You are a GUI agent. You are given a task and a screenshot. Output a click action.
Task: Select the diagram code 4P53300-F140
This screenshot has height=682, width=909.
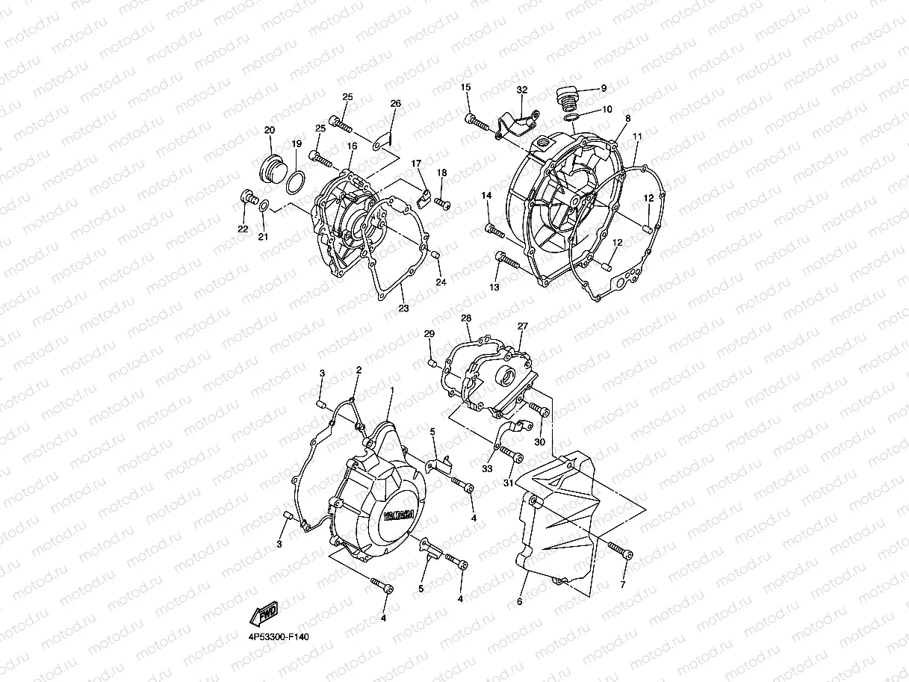[275, 637]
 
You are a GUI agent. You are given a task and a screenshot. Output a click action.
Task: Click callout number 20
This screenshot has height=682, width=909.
[270, 130]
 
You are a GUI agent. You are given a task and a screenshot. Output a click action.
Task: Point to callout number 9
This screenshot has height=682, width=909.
[604, 89]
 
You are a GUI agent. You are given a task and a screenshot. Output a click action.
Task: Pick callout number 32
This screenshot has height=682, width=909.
[522, 90]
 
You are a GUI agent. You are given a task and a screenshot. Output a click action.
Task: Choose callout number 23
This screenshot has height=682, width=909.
[403, 308]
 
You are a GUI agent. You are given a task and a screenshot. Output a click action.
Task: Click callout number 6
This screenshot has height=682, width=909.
[520, 601]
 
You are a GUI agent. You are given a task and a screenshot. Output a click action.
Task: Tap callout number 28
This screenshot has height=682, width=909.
[466, 318]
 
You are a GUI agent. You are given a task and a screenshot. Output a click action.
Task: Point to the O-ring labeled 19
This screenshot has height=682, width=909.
[296, 180]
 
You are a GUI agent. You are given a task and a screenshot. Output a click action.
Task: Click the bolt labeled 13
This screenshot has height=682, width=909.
[506, 261]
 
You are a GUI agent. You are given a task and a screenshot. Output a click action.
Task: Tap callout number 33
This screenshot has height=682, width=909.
[488, 468]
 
